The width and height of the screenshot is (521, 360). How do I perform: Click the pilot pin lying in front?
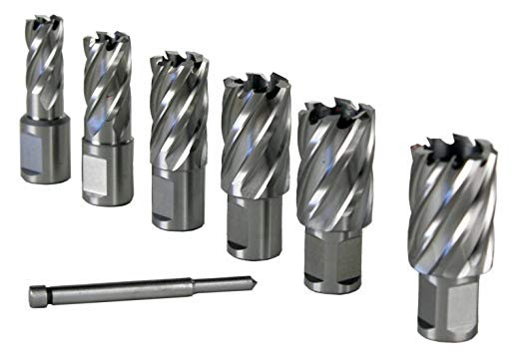[140, 288]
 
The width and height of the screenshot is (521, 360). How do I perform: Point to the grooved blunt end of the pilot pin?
[37, 296]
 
